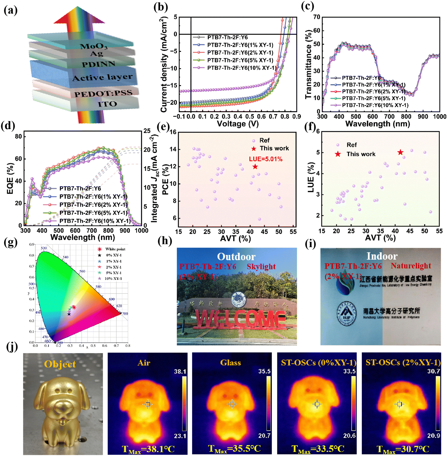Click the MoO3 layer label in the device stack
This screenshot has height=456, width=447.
[94, 46]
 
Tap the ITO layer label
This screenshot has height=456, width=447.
[107, 104]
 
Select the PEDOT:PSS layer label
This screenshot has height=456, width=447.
[103, 94]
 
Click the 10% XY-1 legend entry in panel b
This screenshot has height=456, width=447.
[241, 68]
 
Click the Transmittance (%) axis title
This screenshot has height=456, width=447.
[309, 64]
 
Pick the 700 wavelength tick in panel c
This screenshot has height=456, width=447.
[389, 117]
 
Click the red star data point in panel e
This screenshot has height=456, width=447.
[255, 167]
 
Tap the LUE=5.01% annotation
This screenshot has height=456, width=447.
[266, 159]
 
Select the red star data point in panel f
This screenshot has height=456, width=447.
[400, 152]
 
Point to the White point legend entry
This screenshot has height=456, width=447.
[115, 249]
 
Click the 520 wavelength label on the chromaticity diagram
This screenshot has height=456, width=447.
[44, 248]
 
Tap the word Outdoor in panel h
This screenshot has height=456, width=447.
[236, 256]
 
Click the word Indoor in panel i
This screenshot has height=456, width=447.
[382, 256]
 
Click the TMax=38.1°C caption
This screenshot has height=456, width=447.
[148, 449]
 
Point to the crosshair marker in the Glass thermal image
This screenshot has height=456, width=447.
[232, 404]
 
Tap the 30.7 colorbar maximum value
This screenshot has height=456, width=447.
[433, 371]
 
